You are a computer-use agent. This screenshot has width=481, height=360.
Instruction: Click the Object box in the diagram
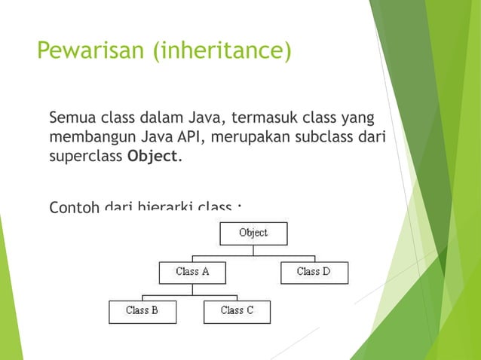click(253, 233)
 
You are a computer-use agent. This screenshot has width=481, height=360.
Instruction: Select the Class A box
click(192, 272)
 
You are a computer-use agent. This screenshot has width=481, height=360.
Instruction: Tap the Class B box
click(142, 311)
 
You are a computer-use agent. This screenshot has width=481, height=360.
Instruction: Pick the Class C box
click(237, 311)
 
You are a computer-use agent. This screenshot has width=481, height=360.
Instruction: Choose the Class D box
click(314, 272)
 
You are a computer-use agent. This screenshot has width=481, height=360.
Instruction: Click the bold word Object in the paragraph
click(154, 157)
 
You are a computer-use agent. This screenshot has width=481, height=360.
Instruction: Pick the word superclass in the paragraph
click(85, 157)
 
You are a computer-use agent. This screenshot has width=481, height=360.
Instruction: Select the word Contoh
click(74, 206)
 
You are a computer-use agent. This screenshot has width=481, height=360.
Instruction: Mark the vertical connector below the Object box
click(253, 252)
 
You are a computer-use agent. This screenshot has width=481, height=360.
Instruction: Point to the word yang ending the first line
click(359, 119)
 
